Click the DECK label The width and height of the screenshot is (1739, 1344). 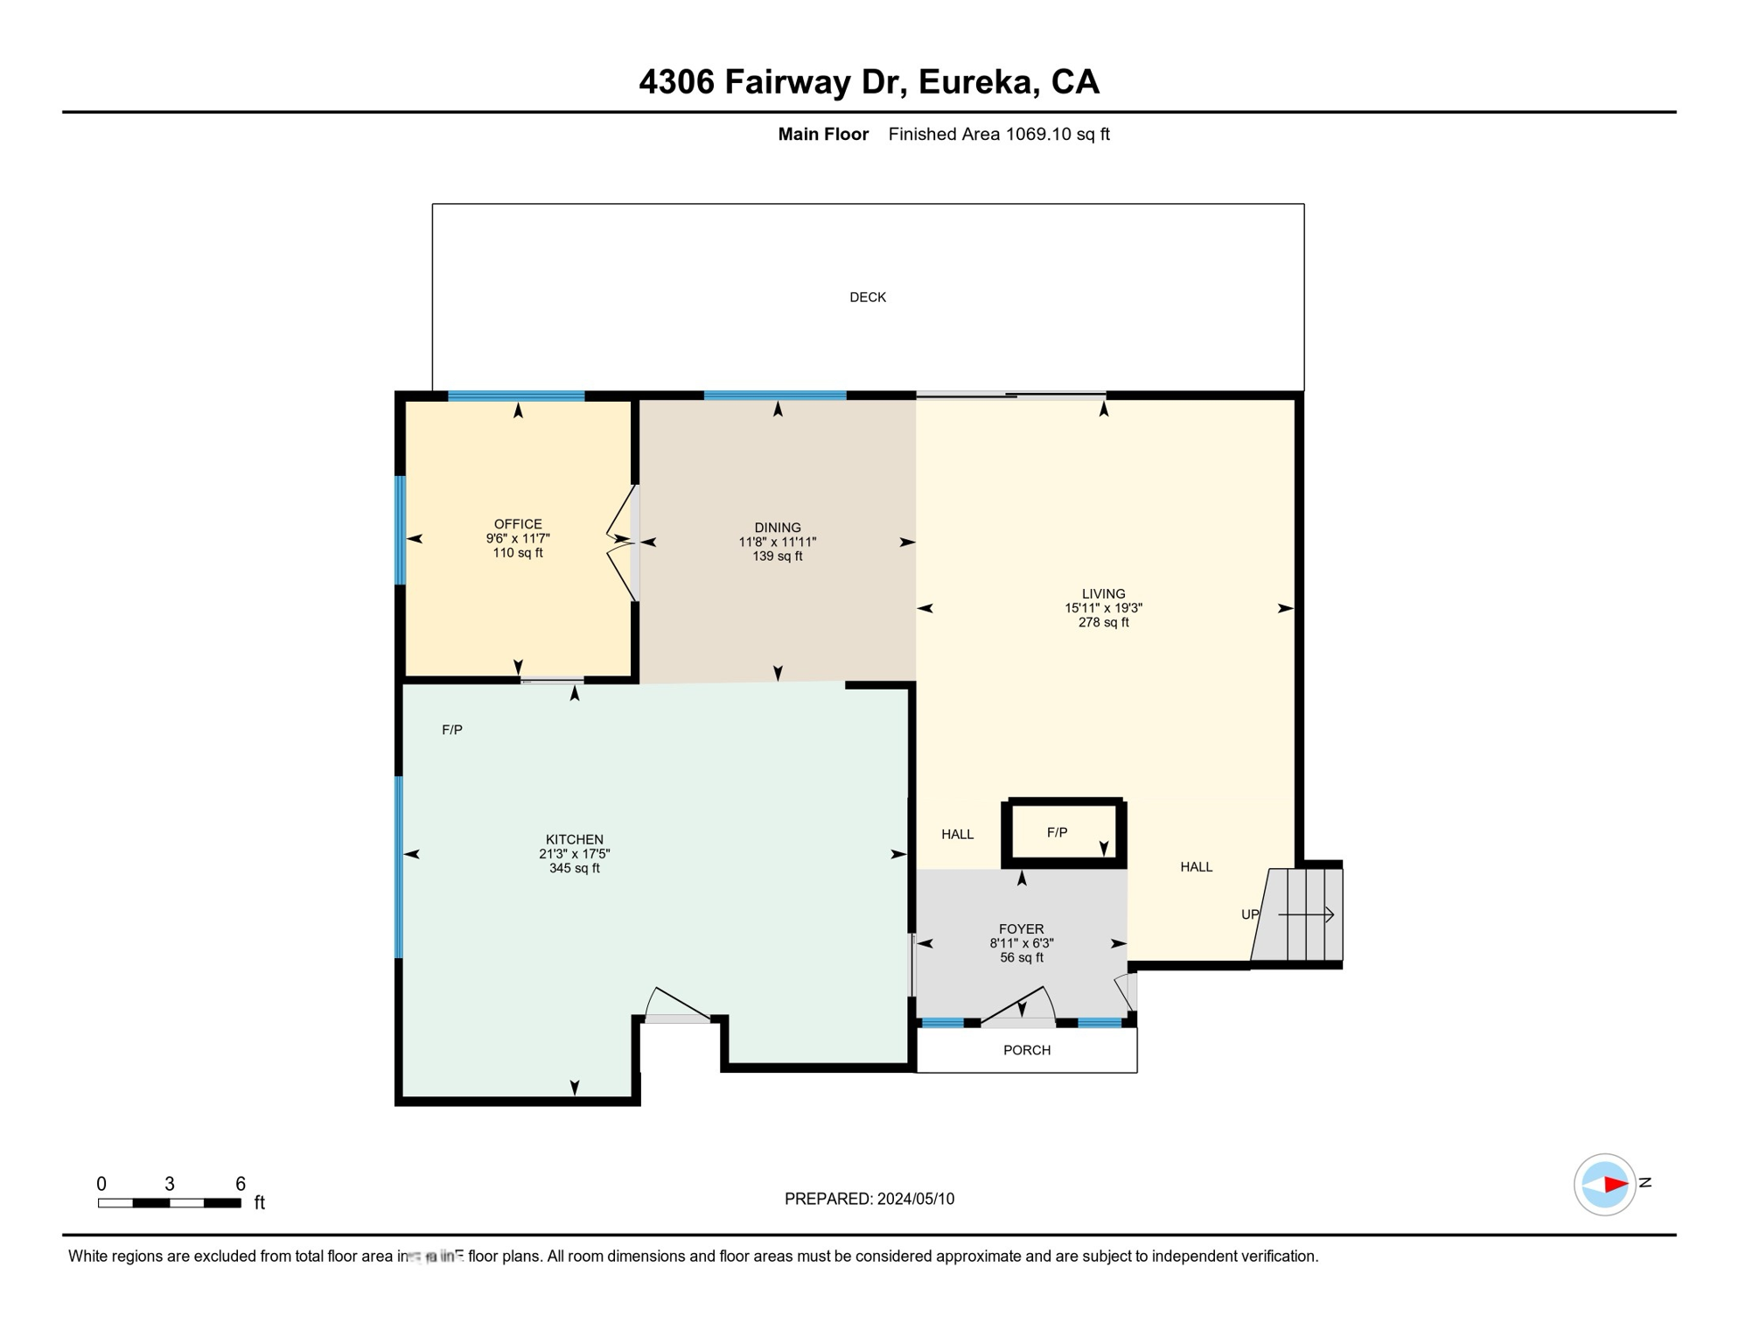pos(868,297)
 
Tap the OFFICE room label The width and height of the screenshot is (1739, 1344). pos(518,524)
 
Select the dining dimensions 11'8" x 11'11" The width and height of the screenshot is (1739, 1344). pos(777,542)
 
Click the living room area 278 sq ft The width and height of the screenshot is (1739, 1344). pos(1103,623)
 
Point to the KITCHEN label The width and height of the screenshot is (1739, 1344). pos(575,840)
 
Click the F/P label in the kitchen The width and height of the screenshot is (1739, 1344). pos(452,730)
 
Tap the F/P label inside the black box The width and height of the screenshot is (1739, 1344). pos(1057,833)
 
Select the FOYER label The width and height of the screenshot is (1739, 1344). pos(1021,929)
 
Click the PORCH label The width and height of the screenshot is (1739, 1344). pos(1027,1050)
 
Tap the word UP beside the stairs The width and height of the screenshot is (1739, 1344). pos(1250,914)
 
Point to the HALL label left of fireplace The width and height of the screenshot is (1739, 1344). pos(957,835)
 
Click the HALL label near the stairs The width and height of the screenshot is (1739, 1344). pos(1196,867)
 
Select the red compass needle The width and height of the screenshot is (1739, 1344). pos(1614,1185)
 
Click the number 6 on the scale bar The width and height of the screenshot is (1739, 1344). pos(241,1184)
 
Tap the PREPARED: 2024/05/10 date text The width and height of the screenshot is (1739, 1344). pos(869,1200)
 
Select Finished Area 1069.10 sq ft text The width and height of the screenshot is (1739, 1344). pos(998,135)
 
